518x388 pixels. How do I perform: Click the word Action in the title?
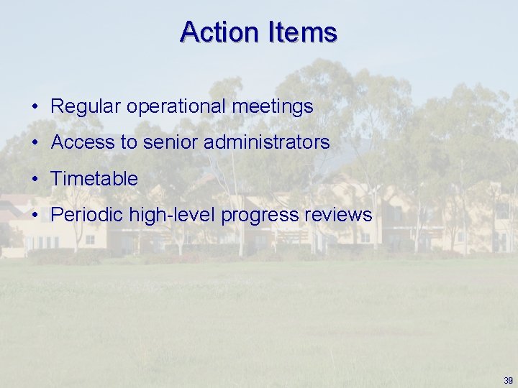pyautogui.click(x=220, y=32)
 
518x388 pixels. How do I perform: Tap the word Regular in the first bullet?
pyautogui.click(x=86, y=107)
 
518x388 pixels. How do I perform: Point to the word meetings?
pyautogui.click(x=273, y=107)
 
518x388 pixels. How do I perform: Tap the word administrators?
pyautogui.click(x=266, y=142)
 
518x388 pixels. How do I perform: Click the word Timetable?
pyautogui.click(x=94, y=178)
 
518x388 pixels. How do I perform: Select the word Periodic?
pyautogui.click(x=86, y=214)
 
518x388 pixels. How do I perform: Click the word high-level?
pyautogui.click(x=173, y=214)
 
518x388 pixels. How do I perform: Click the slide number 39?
pyautogui.click(x=508, y=380)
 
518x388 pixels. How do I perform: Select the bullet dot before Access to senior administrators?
pyautogui.click(x=35, y=143)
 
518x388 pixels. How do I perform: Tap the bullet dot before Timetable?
pyautogui.click(x=35, y=179)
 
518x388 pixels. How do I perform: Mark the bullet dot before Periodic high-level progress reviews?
pyautogui.click(x=35, y=215)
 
